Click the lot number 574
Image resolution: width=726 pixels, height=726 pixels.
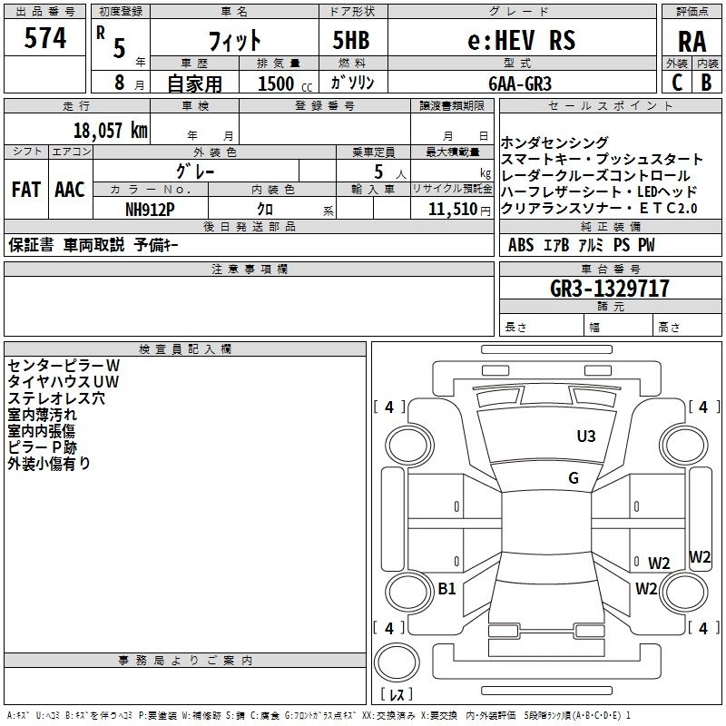(x=44, y=38)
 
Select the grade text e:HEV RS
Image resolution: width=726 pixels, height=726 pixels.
(x=521, y=40)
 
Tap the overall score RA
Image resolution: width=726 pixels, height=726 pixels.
(x=692, y=42)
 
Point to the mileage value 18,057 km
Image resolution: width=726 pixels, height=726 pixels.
(x=110, y=131)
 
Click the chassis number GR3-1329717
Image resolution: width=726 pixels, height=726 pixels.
(x=610, y=289)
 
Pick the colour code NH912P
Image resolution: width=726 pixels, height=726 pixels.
(x=150, y=210)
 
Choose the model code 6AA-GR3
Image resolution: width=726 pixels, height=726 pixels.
(x=520, y=83)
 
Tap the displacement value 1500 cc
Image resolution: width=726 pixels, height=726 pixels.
(x=285, y=83)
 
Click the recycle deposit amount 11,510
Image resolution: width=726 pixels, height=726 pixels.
(x=453, y=210)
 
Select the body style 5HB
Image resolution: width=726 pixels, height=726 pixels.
(x=351, y=40)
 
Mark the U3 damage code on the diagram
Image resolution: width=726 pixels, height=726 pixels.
(x=585, y=436)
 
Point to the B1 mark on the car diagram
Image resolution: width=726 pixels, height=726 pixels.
(x=446, y=588)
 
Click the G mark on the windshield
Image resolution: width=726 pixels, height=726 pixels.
(x=574, y=478)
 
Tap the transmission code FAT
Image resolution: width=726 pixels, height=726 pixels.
(x=26, y=190)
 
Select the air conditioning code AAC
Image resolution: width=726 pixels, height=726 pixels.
(x=70, y=190)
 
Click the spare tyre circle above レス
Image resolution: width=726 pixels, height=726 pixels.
(x=397, y=662)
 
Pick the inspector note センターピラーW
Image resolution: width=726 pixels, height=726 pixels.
(x=64, y=366)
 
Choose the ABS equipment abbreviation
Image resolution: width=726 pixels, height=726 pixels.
(x=521, y=245)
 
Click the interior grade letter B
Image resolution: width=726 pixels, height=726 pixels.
(x=706, y=83)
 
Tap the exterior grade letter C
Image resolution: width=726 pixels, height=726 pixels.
(x=677, y=83)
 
